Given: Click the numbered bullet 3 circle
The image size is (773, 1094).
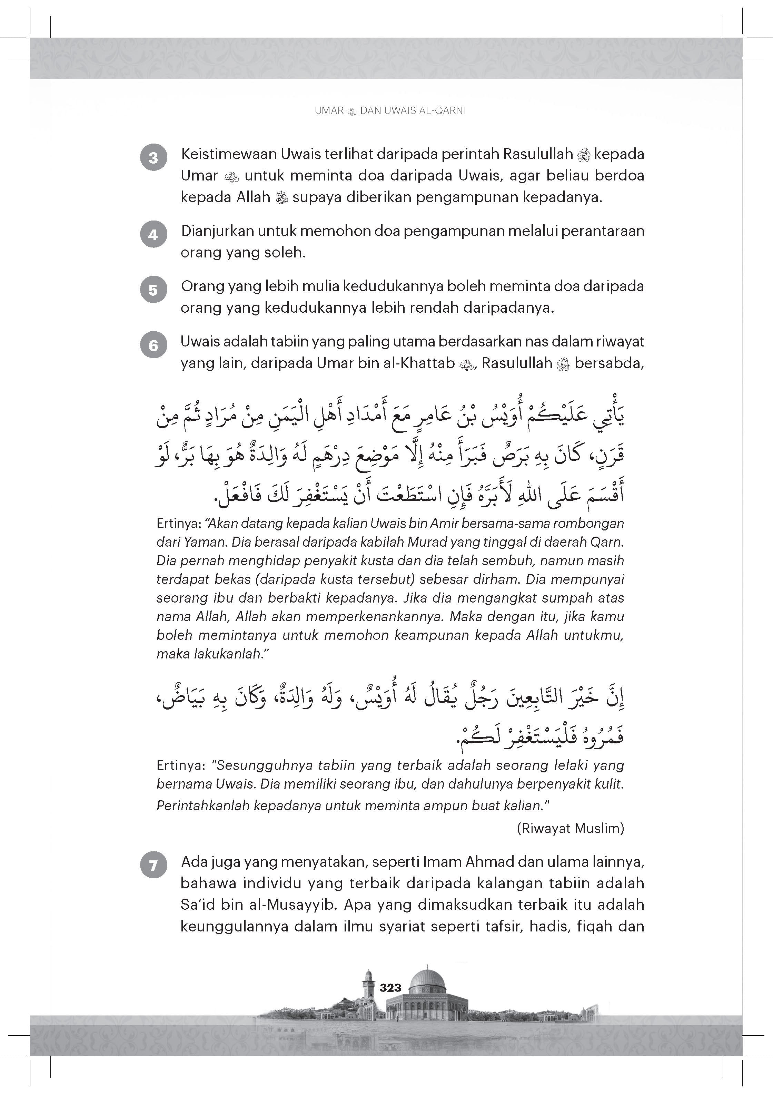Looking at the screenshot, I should point(153,158).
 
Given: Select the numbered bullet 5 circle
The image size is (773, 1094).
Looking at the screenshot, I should point(153,290).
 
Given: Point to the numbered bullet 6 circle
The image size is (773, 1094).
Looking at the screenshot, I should point(153,345).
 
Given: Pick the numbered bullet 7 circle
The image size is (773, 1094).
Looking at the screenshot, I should point(153,865).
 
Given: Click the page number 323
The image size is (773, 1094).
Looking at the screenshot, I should point(390,988).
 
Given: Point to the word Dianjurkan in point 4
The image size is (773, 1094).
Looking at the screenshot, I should point(217,231).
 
